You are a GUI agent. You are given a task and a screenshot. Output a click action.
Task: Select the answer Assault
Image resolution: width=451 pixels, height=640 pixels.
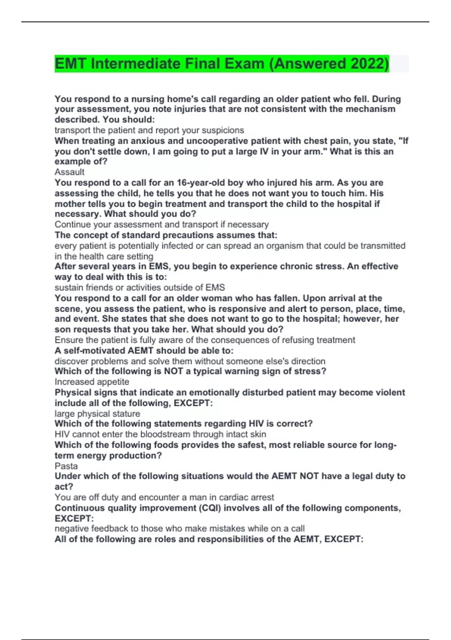pyautogui.click(x=70, y=172)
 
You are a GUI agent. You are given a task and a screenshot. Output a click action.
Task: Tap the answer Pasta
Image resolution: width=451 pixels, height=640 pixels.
pyautogui.click(x=66, y=466)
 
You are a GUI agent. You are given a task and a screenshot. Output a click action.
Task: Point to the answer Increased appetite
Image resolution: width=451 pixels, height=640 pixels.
pyautogui.click(x=92, y=382)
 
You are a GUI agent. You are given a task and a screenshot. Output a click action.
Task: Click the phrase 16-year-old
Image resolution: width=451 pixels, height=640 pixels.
pyautogui.click(x=201, y=183)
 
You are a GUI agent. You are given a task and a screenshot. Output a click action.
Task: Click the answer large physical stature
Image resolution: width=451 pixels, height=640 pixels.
pyautogui.click(x=97, y=413)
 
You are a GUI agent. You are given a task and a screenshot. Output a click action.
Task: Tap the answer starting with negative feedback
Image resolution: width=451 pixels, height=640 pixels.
pyautogui.click(x=179, y=529)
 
